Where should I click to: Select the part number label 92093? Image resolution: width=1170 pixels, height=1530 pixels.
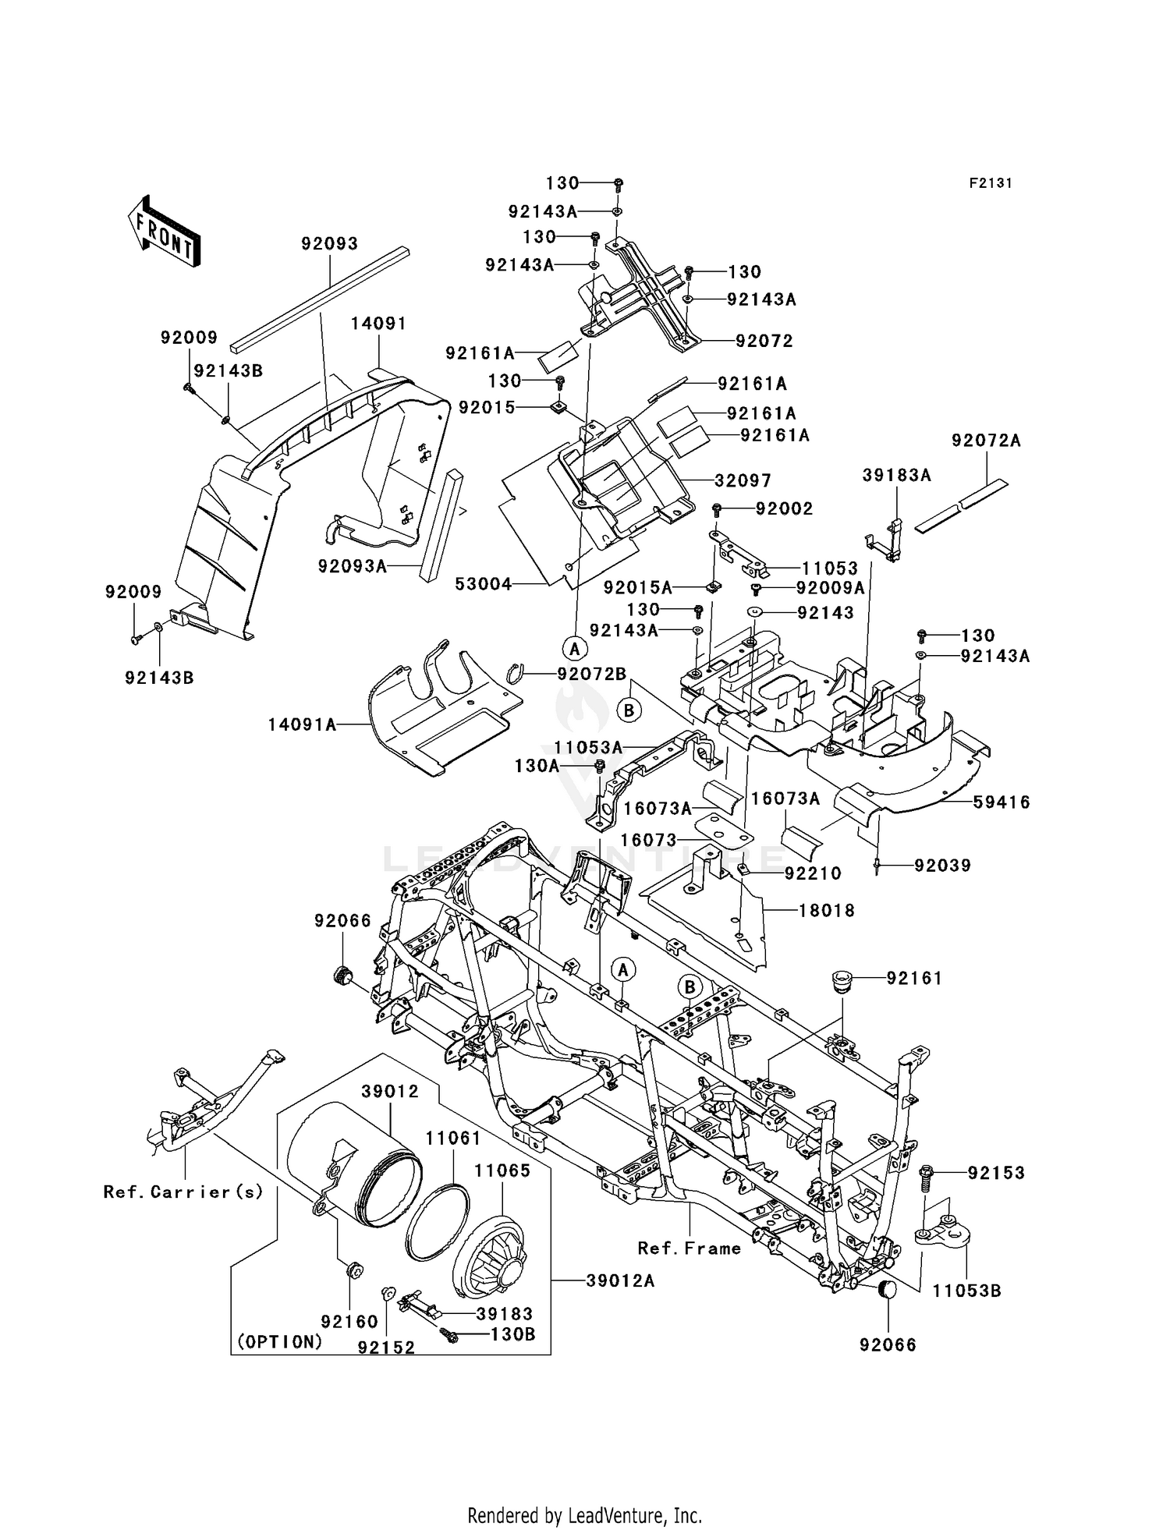tap(329, 244)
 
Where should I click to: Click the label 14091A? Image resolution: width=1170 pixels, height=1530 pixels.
tap(302, 725)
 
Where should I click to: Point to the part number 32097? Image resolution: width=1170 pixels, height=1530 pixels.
tap(743, 481)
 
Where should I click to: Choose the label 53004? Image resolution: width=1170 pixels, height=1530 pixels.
tap(483, 584)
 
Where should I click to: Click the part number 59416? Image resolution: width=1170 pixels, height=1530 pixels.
tap(1001, 802)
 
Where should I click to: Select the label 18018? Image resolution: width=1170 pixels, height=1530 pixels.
tap(826, 910)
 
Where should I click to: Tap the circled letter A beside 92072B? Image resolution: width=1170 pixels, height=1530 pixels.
tap(574, 647)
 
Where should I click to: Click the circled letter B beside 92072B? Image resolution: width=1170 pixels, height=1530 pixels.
tap(629, 710)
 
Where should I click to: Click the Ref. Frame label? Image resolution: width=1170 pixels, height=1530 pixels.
tap(690, 1248)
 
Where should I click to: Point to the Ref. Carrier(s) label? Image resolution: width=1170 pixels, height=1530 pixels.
tap(183, 1192)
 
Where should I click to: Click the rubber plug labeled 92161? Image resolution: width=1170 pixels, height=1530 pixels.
tap(842, 981)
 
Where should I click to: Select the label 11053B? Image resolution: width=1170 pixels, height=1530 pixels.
tap(966, 1291)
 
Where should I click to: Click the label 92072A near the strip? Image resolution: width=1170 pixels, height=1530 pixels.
tap(985, 441)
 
